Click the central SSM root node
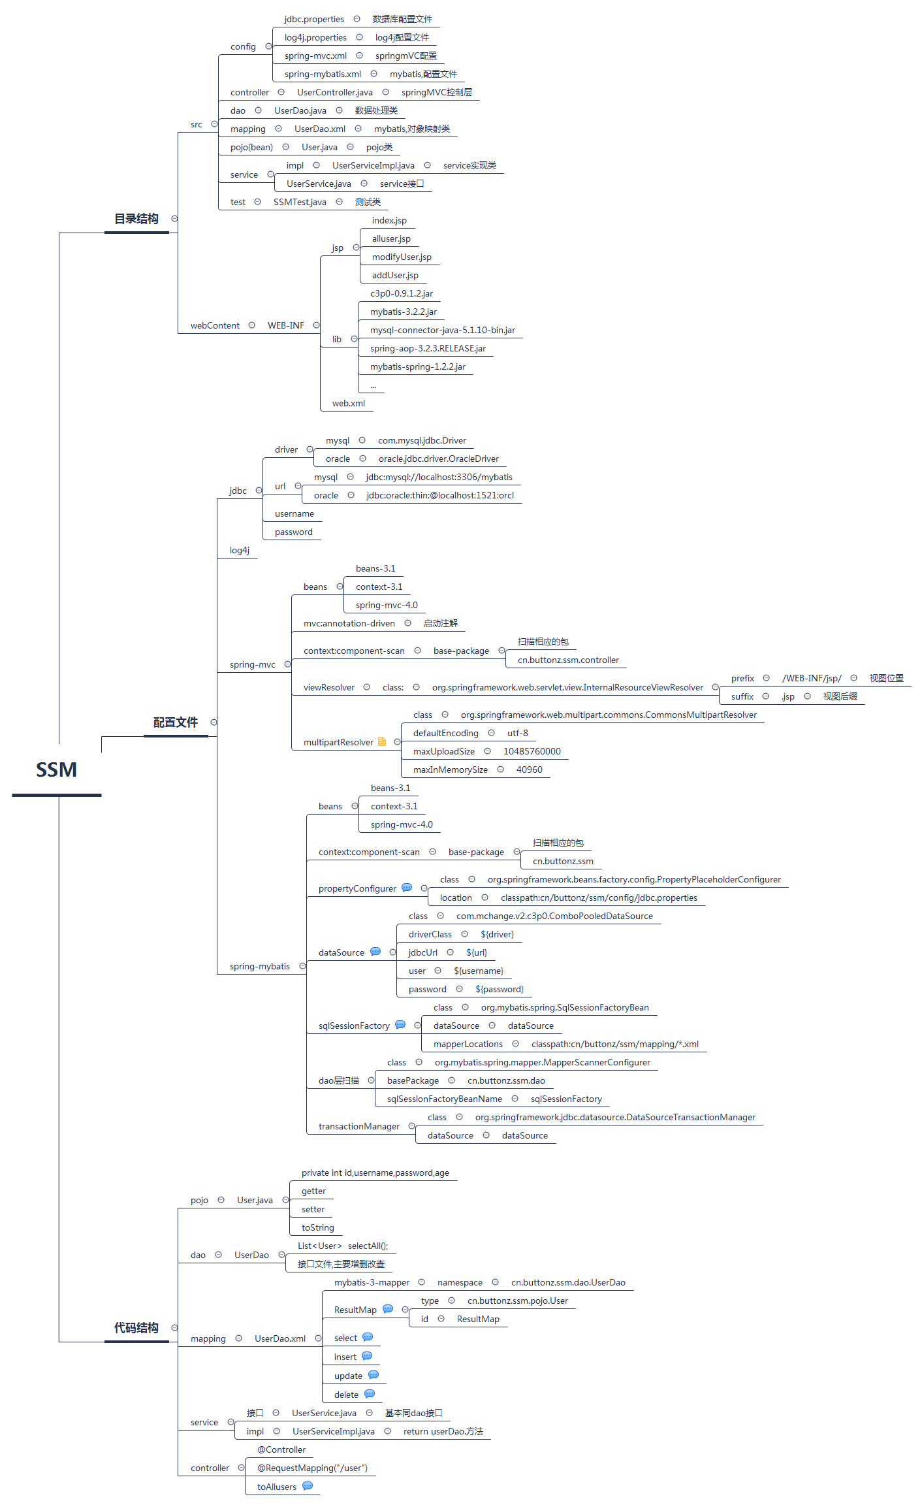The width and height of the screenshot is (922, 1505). (56, 769)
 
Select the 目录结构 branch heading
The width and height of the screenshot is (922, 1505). (136, 219)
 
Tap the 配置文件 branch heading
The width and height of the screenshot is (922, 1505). (176, 722)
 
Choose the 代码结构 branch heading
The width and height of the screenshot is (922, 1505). (136, 1328)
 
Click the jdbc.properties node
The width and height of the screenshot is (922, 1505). (314, 19)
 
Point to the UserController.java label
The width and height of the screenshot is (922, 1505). (335, 92)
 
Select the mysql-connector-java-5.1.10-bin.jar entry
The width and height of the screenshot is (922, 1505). (443, 330)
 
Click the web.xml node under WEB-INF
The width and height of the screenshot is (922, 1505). (349, 403)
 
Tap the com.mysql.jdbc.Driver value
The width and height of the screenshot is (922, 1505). (422, 440)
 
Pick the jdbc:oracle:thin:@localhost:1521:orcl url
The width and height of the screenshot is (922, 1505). (440, 495)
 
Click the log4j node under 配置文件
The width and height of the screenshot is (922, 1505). (240, 550)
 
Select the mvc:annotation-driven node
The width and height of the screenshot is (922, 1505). (349, 623)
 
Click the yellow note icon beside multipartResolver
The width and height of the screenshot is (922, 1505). (382, 741)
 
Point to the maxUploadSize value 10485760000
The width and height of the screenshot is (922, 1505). (532, 751)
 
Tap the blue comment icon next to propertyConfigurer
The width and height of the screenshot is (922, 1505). (407, 888)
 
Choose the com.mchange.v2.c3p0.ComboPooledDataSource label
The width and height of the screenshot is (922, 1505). (554, 916)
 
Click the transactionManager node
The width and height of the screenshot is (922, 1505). (359, 1126)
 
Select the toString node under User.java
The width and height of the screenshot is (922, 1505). (318, 1227)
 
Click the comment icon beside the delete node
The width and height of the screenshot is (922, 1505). (370, 1394)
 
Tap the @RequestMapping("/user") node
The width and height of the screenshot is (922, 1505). (313, 1468)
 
